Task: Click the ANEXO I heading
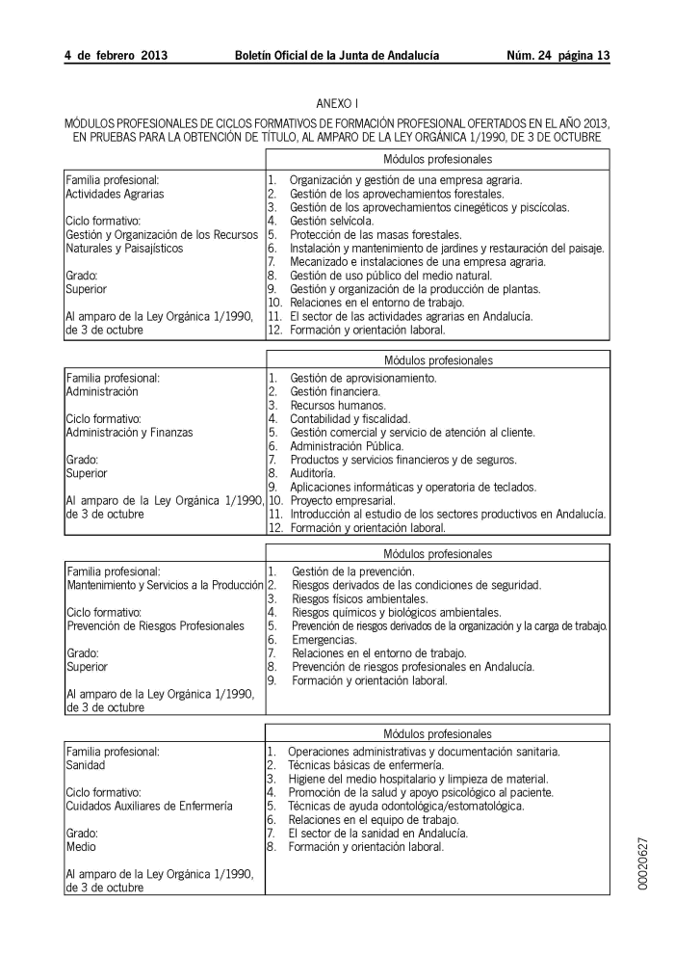click(x=337, y=102)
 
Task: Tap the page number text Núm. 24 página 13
click(x=558, y=56)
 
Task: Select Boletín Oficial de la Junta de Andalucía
click(x=337, y=56)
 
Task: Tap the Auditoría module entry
click(x=313, y=473)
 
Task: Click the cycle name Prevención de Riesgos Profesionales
click(x=155, y=625)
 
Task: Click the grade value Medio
click(x=81, y=846)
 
